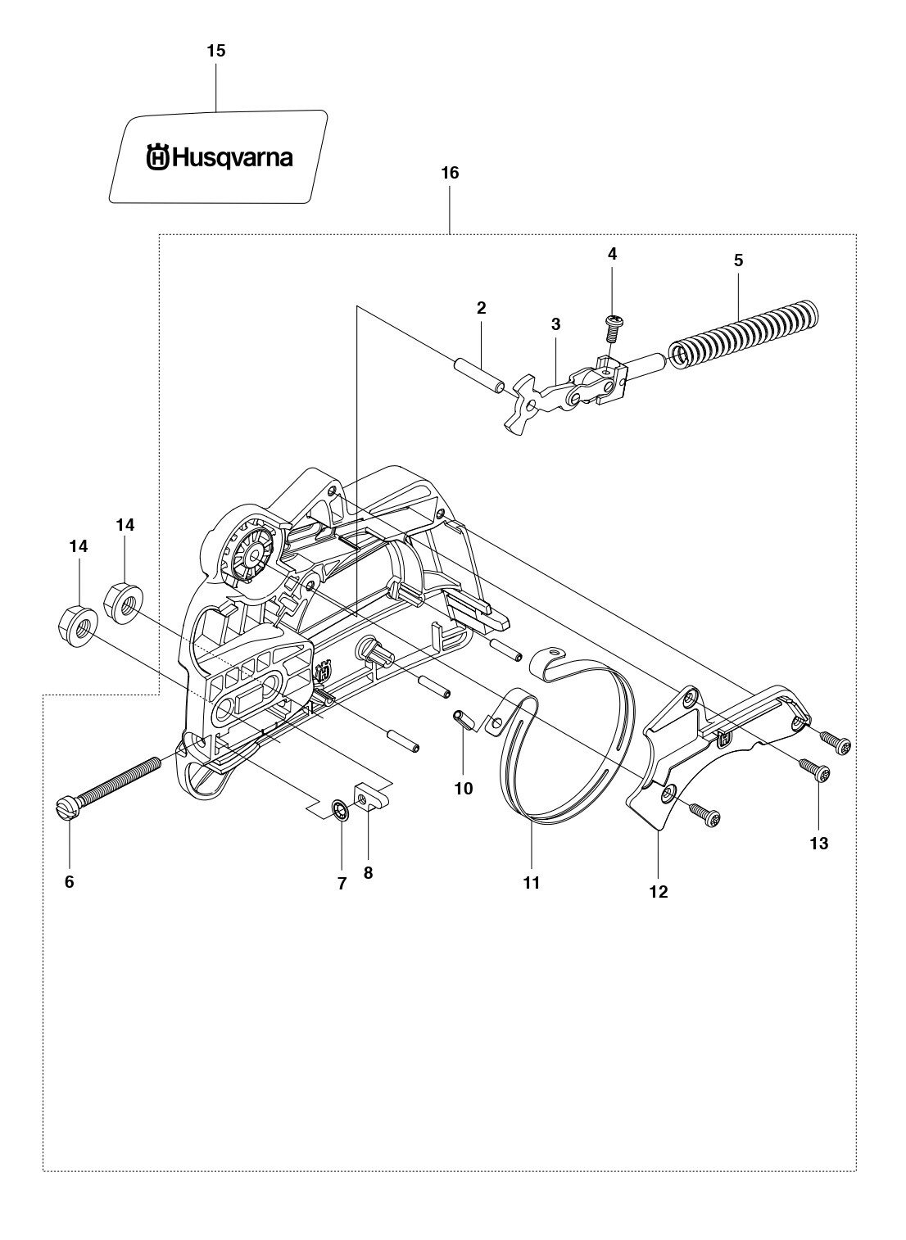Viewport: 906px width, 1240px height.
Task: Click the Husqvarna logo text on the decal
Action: [x=220, y=158]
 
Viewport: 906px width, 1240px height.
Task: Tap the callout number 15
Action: [x=216, y=51]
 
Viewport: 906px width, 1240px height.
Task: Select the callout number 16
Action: [x=451, y=174]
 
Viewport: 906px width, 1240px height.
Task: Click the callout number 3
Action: [x=556, y=324]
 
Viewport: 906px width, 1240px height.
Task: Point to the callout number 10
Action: [x=464, y=788]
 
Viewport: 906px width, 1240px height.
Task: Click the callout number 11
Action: [x=531, y=882]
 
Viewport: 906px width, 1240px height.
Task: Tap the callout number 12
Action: [x=659, y=891]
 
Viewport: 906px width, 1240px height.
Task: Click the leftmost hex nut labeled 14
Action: [x=78, y=625]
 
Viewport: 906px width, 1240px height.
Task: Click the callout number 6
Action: [x=70, y=882]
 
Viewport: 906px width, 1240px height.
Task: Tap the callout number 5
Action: [x=738, y=260]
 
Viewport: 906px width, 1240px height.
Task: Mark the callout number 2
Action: [x=481, y=308]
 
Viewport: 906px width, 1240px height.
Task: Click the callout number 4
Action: [x=612, y=254]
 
